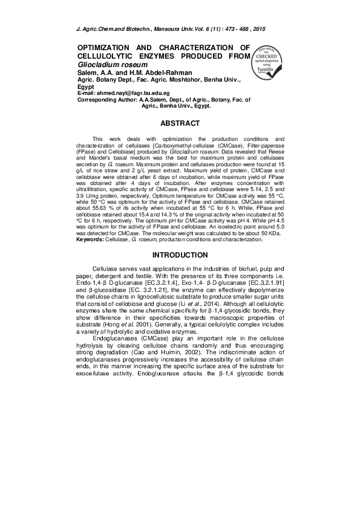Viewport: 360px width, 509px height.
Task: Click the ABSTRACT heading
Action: click(180, 123)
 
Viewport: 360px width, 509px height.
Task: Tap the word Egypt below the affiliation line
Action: click(87, 86)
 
